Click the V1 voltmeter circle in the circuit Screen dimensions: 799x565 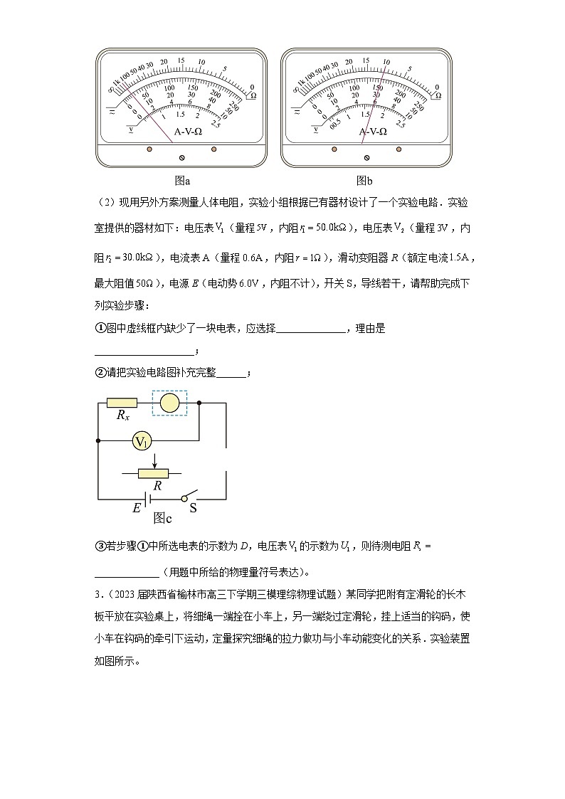pos(142,442)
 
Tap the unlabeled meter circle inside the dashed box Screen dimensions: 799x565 pos(169,403)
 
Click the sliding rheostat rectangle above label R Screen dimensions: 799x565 pos(154,472)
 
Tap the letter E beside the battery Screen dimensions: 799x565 pos(137,508)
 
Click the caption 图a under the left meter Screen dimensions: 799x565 pos(182,181)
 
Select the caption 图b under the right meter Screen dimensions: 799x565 pos(365,181)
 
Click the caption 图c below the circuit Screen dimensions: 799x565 pos(163,517)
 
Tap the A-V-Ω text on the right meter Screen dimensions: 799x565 pos(373,132)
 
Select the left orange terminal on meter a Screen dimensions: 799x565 pos(149,149)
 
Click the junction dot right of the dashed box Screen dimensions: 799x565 pos(199,403)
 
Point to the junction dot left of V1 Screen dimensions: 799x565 pos(97,442)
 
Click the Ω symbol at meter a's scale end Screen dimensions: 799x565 pos(253,94)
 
